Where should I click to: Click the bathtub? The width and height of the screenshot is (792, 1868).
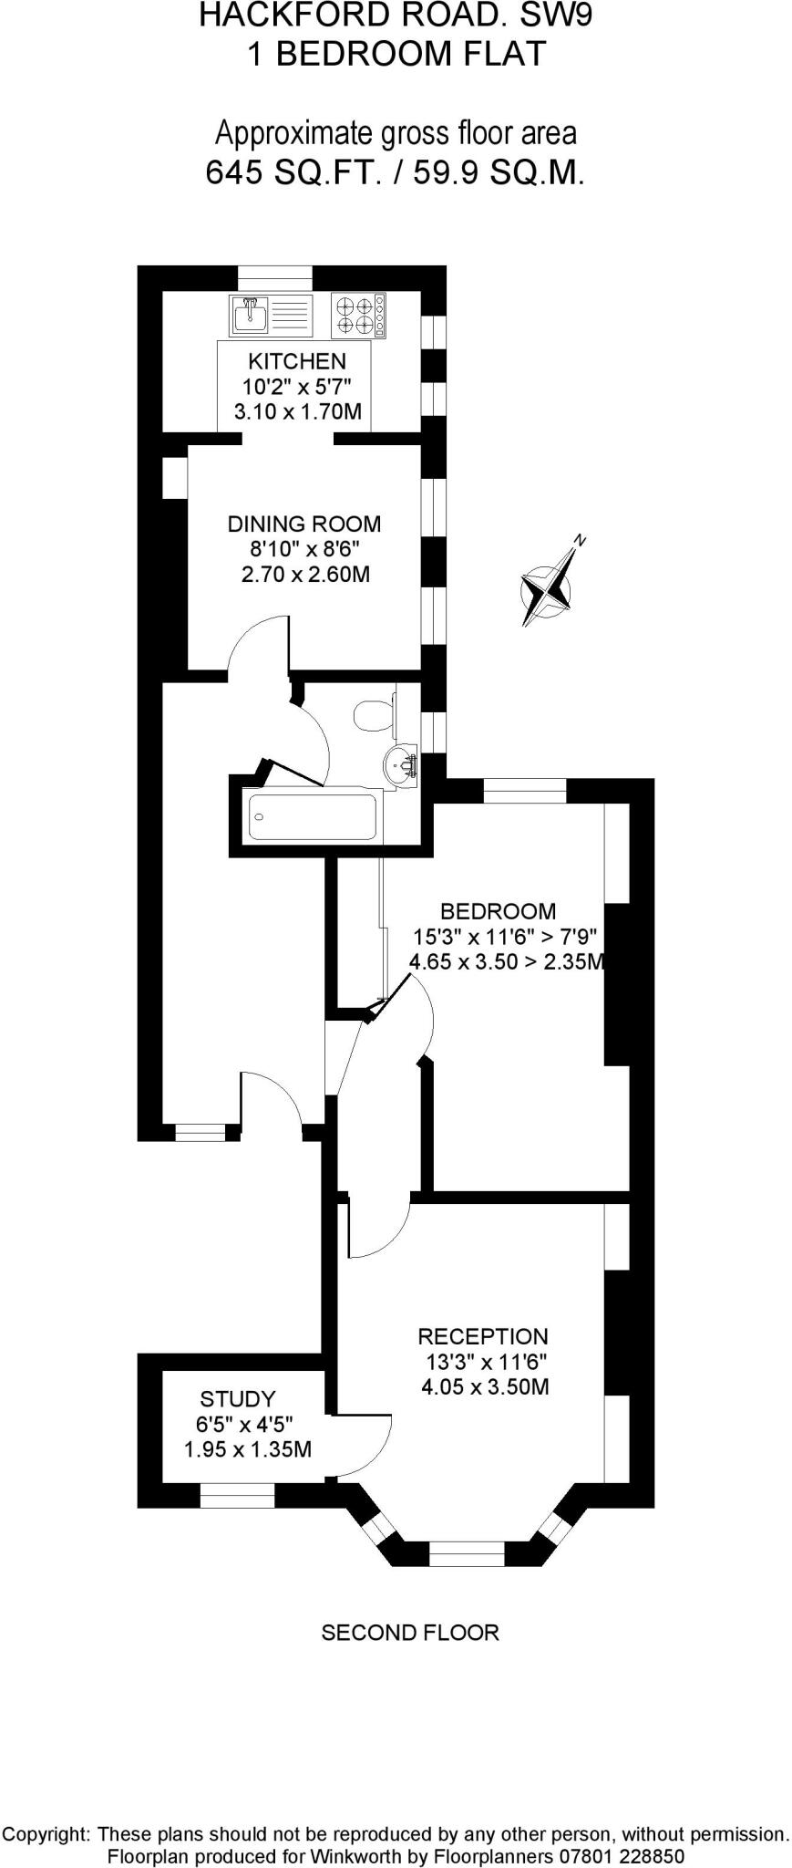tap(313, 817)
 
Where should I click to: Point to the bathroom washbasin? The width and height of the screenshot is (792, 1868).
tap(400, 763)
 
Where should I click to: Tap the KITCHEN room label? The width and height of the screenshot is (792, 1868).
tap(297, 361)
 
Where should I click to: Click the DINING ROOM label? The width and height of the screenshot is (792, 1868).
tap(304, 524)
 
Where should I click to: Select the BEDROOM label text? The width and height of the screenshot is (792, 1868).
tap(498, 911)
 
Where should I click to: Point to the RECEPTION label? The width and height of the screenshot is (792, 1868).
tap(483, 1337)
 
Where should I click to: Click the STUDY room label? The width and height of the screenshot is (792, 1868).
tap(238, 1399)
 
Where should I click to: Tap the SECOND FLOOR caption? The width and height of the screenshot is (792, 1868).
tap(410, 1633)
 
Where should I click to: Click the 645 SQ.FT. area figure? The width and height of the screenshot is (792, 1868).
tap(293, 172)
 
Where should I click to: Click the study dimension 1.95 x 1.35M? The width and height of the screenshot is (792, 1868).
tap(248, 1449)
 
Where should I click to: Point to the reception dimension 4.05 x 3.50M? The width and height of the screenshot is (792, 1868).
tap(485, 1388)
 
